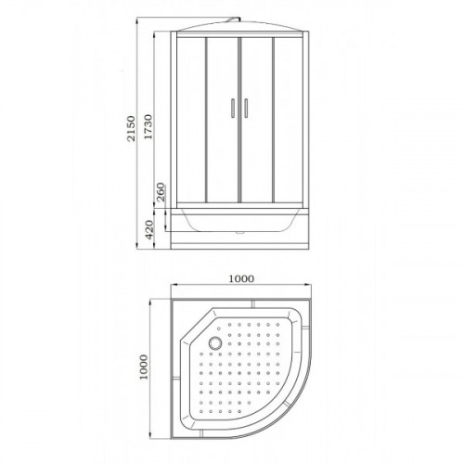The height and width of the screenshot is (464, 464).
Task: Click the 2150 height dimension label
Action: [x=131, y=128]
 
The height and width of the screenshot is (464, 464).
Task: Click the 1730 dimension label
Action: [x=148, y=127]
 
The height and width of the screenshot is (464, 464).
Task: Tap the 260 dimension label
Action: [x=161, y=192]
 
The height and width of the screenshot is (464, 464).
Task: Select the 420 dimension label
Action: [x=149, y=229]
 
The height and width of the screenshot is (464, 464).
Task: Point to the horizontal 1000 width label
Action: [x=241, y=278]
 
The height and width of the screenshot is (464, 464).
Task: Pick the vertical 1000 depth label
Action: [x=144, y=367]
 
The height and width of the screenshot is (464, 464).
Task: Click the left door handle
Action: [x=233, y=109]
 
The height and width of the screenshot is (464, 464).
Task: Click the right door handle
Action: [x=246, y=109]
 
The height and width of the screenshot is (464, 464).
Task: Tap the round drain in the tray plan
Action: [x=215, y=342]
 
